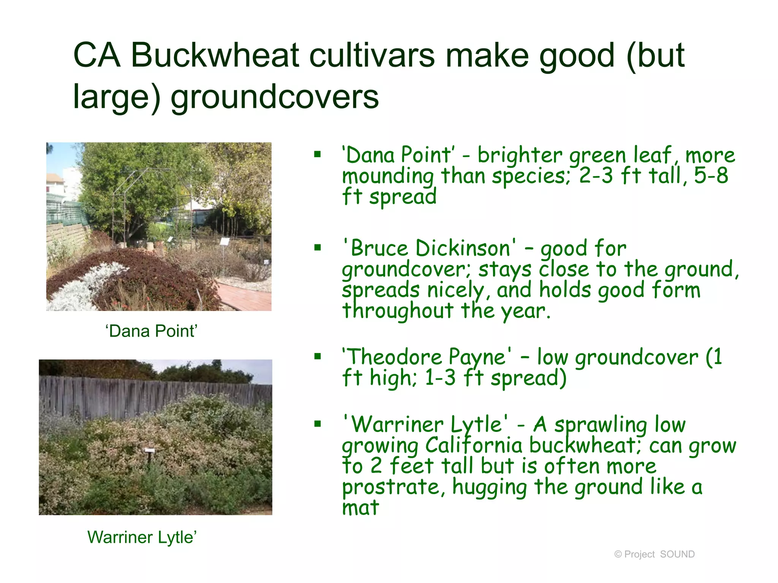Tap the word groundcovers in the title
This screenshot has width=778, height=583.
pyautogui.click(x=275, y=96)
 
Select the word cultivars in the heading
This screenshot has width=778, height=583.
pyautogui.click(x=372, y=55)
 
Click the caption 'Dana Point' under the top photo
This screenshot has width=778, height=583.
pyautogui.click(x=152, y=331)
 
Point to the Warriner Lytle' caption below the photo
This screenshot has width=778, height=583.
pyautogui.click(x=142, y=537)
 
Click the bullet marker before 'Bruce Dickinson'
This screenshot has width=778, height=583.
pyautogui.click(x=318, y=248)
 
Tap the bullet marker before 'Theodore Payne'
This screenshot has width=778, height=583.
pyautogui.click(x=318, y=356)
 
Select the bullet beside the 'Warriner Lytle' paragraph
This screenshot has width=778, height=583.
pyautogui.click(x=318, y=424)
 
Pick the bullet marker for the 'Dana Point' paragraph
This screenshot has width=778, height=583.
pyautogui.click(x=318, y=154)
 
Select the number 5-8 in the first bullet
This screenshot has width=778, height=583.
pyautogui.click(x=711, y=175)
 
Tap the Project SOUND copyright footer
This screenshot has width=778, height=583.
pyautogui.click(x=654, y=554)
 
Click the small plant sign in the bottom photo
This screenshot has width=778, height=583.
pyautogui.click(x=149, y=450)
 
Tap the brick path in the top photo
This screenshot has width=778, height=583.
pyautogui.click(x=243, y=296)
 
